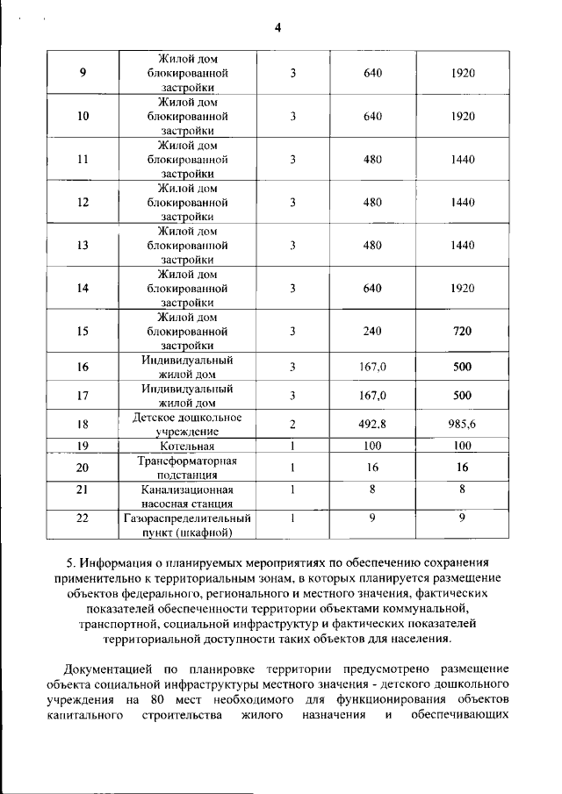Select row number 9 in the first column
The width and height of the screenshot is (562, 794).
[83, 73]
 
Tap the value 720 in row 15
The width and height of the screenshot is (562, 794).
[462, 332]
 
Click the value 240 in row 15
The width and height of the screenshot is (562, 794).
[372, 332]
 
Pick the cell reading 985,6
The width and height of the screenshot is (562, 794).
[462, 424]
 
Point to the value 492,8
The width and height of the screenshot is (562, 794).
[372, 424]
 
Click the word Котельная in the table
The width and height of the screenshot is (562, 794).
[187, 447]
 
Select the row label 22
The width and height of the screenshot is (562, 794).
[83, 519]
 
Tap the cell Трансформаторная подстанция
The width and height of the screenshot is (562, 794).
[187, 468]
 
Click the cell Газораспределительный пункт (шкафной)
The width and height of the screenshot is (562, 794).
[187, 525]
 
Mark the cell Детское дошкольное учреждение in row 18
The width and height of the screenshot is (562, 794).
[187, 424]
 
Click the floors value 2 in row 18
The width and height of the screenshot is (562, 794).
[292, 424]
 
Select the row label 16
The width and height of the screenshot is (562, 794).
[83, 367]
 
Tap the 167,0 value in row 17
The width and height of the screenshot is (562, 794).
[372, 396]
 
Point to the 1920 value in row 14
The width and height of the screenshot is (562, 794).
[462, 288]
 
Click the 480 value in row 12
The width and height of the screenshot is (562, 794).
[372, 202]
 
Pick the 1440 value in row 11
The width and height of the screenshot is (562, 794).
[462, 159]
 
